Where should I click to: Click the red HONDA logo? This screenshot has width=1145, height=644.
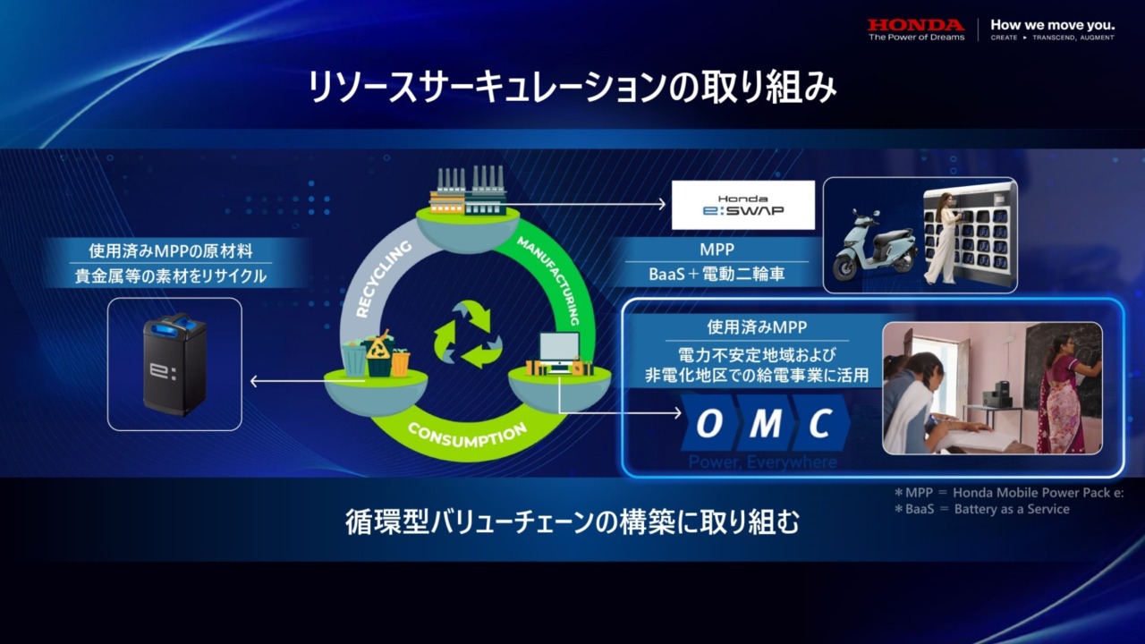tap(916, 25)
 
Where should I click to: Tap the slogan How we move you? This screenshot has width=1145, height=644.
tap(1053, 25)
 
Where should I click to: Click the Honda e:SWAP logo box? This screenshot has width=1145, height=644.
tap(743, 205)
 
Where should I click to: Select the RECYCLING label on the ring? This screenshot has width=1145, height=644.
tap(384, 278)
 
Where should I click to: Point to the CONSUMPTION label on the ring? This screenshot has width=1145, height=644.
tap(468, 436)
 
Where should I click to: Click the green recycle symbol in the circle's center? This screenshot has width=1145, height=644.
tap(467, 335)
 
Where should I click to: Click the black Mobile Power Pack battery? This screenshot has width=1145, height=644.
tap(174, 364)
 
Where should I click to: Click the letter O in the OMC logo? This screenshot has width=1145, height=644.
tap(709, 424)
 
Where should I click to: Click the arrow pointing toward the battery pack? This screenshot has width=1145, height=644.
tap(307, 381)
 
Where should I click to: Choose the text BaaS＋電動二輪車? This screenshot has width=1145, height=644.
tap(717, 275)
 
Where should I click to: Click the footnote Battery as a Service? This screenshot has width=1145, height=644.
tap(1012, 509)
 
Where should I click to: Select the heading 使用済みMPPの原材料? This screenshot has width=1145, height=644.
tap(171, 251)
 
